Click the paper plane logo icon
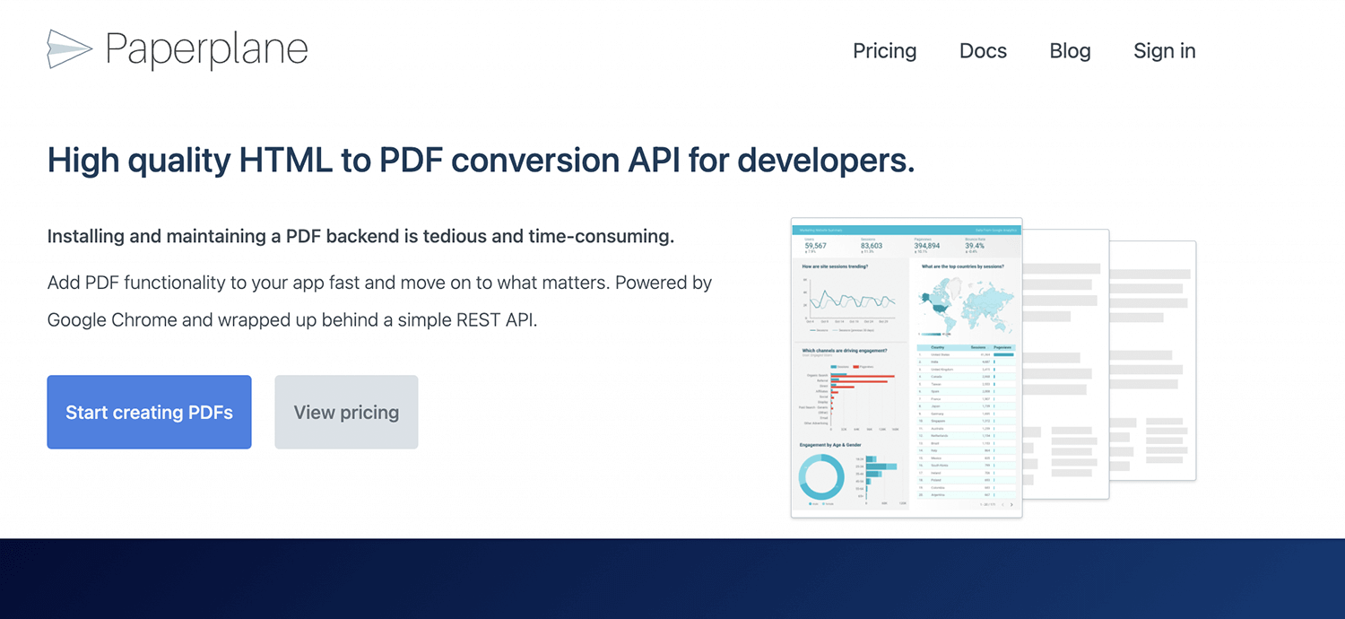tap(69, 49)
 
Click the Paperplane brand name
tap(206, 50)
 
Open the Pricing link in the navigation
tap(884, 51)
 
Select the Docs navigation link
tap(983, 51)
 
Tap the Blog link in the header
tap(1070, 51)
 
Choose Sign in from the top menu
tap(1164, 51)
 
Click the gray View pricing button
tap(346, 413)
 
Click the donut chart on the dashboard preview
tap(820, 476)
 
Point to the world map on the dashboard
tap(965, 306)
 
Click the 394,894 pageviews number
tap(927, 245)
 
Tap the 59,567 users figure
tap(815, 245)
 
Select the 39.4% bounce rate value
tap(975, 245)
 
